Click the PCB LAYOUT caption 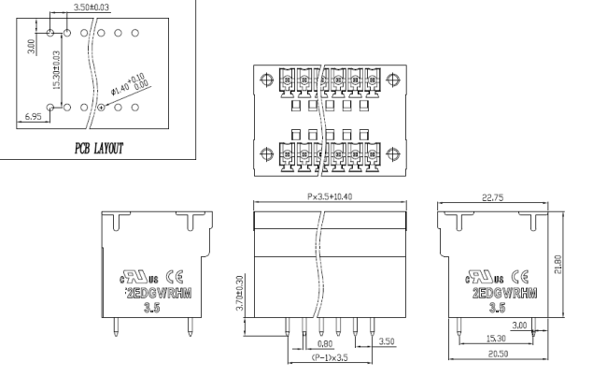(99, 148)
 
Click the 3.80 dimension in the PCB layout (30, 44)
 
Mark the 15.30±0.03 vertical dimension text (56, 71)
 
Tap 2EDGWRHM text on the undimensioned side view (154, 292)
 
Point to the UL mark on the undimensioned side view (138, 277)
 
